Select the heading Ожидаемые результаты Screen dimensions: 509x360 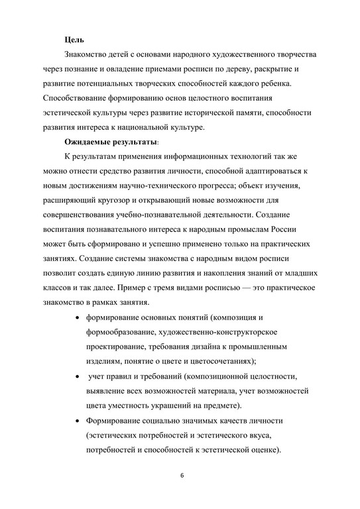(111, 142)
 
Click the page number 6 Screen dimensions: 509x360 (181, 477)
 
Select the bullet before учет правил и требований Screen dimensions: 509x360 (79, 376)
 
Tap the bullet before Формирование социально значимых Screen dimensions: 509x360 (79, 422)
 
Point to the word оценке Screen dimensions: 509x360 (261, 450)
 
